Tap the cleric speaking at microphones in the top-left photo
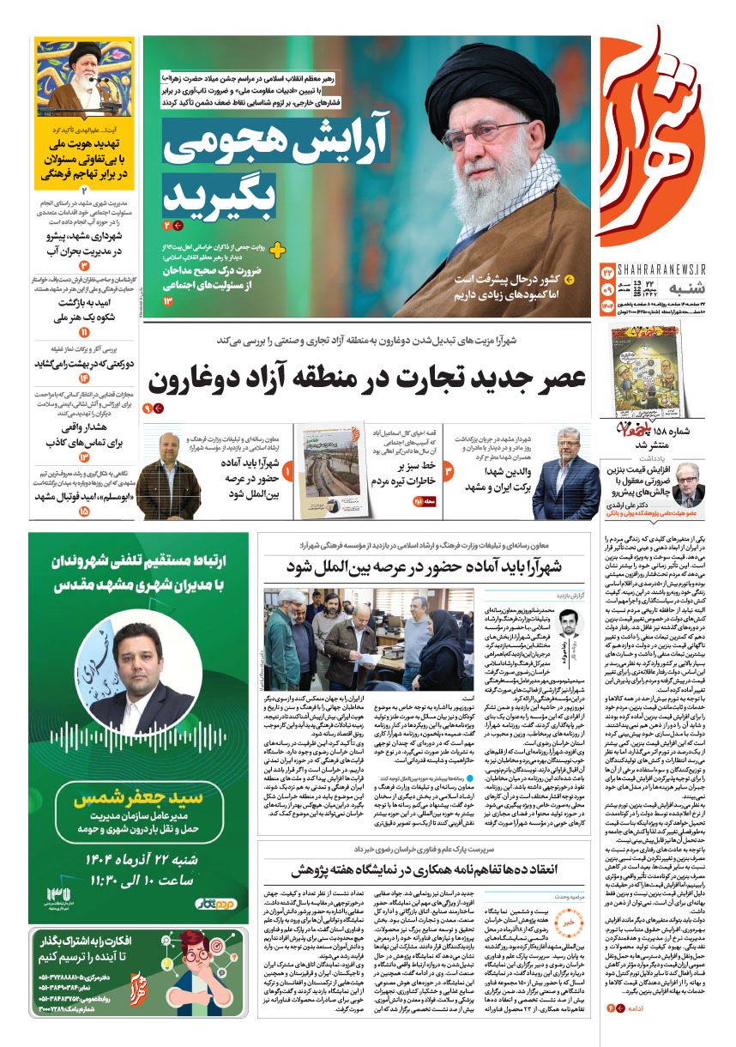(x=84, y=77)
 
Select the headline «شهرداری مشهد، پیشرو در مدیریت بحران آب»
(x=84, y=244)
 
